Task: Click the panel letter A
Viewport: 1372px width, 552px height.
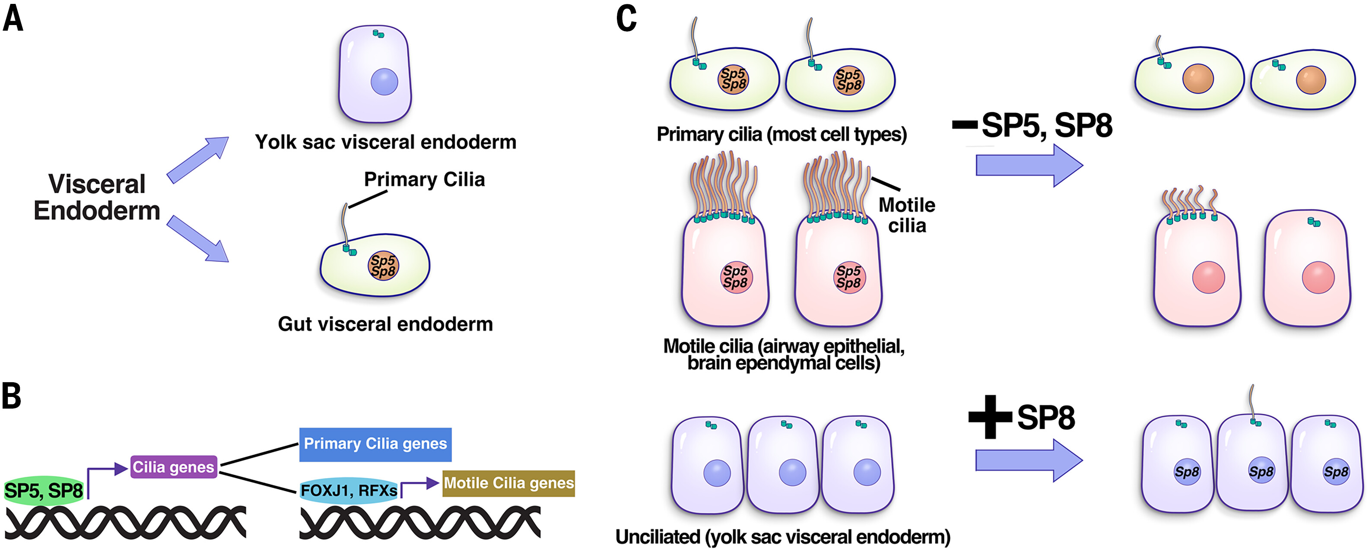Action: pos(13,20)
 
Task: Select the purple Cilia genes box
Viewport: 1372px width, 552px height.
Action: pos(174,467)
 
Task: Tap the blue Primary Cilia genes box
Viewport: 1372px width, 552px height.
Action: pos(375,444)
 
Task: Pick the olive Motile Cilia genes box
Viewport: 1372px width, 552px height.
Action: pos(508,483)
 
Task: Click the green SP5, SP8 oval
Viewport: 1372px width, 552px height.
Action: pos(44,490)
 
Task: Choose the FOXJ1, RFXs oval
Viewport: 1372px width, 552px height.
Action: pos(349,490)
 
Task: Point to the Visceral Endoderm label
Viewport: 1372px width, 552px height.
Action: pos(97,197)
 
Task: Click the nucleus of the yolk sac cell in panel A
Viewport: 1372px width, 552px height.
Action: pos(384,82)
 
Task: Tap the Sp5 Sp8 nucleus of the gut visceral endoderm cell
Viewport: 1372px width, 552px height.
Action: pos(383,266)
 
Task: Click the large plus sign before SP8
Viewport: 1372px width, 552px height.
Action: pos(990,417)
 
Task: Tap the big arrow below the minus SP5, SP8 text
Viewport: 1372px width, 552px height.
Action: pos(1029,165)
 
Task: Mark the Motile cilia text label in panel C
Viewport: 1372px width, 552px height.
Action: pos(906,215)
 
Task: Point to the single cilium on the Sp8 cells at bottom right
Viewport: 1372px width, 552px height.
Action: pos(1251,402)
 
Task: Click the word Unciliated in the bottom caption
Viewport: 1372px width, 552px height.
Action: pos(657,537)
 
